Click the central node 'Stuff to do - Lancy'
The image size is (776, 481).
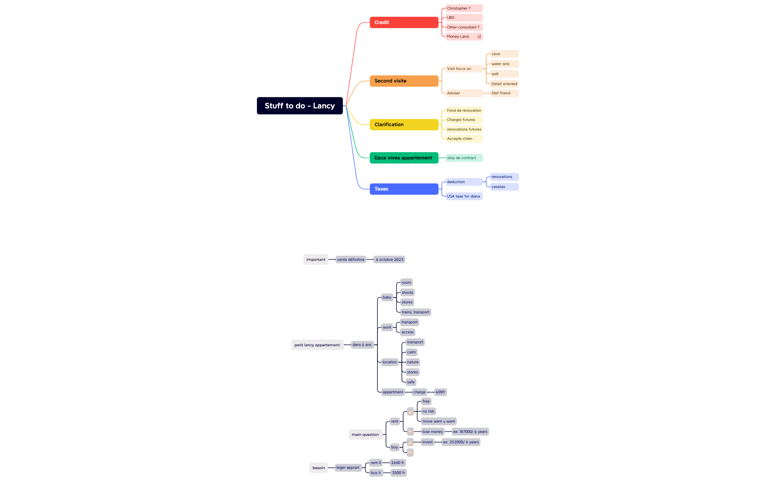[x=300, y=106]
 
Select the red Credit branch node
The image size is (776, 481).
[x=404, y=23]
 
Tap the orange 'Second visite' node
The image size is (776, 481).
[x=404, y=81]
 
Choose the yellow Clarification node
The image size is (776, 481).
[x=404, y=125]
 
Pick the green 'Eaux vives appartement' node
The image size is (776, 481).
[x=404, y=158]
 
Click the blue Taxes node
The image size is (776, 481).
[x=404, y=189]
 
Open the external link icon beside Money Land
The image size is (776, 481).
[x=480, y=37]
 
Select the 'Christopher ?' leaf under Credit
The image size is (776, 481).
[x=464, y=9]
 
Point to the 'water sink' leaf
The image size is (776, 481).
[x=504, y=64]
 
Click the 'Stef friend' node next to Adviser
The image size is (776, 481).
[x=504, y=93]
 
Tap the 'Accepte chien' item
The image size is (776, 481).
[x=464, y=139]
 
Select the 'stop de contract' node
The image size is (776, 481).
[x=464, y=158]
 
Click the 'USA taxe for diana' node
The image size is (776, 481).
[x=464, y=196]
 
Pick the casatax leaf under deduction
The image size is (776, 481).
[x=504, y=187]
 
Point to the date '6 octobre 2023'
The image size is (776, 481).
[x=389, y=260]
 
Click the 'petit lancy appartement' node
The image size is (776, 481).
[x=317, y=345]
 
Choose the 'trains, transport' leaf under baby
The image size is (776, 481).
[x=416, y=312]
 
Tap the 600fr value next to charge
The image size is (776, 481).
[x=440, y=392]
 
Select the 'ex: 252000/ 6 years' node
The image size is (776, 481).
[x=461, y=442]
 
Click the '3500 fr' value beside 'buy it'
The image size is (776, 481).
[x=399, y=473]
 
